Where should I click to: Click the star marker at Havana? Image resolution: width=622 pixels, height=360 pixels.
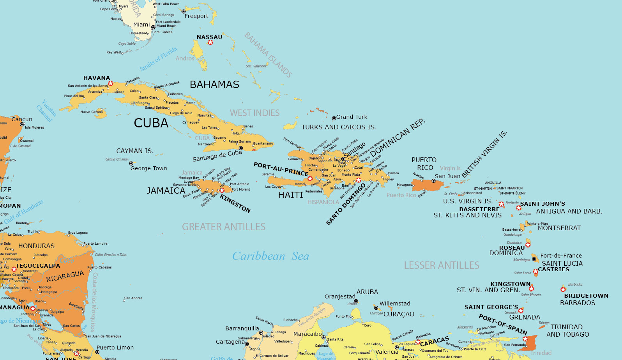point(111,83)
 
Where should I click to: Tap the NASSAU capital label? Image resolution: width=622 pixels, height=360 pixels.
point(209,37)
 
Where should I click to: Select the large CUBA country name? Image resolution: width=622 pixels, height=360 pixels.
point(151,123)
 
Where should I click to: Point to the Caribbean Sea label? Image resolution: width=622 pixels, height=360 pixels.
point(270,256)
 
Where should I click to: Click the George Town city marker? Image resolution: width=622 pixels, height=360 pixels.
point(131,164)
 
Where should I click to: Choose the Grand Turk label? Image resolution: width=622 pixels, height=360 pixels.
point(352,117)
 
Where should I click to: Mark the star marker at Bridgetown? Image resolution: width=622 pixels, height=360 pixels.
point(563,289)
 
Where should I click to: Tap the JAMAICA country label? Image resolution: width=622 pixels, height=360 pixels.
point(166,191)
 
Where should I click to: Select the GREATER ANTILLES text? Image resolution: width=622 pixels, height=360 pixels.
point(224,227)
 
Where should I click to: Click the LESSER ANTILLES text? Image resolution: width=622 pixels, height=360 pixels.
point(442,265)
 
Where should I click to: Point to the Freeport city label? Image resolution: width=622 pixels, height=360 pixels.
point(196,16)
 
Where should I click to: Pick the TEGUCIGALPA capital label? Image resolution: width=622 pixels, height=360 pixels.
point(38,266)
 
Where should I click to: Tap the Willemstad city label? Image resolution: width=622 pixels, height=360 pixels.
point(395,304)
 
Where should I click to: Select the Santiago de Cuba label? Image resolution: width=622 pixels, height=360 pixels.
point(217,156)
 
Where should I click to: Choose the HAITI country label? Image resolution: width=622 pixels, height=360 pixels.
point(290,195)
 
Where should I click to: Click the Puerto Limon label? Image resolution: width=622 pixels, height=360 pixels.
point(115,348)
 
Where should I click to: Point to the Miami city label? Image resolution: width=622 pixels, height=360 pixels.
point(141,25)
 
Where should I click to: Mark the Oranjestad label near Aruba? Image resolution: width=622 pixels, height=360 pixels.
point(340,296)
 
